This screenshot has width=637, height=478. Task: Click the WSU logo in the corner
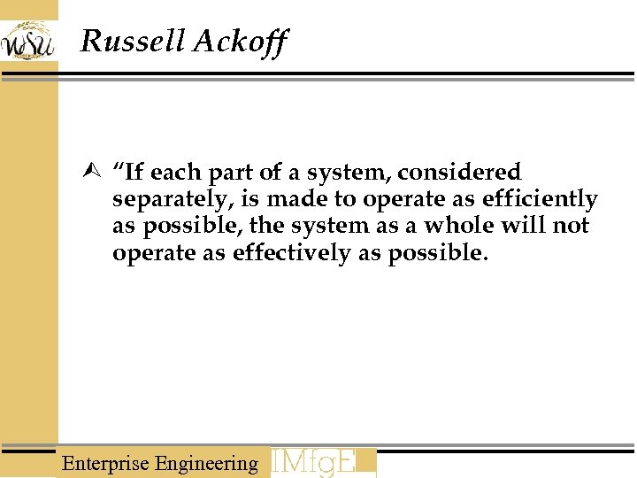28,41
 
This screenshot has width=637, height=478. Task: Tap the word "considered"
459,172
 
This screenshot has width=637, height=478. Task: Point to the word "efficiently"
540,200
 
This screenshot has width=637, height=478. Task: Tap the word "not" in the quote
571,227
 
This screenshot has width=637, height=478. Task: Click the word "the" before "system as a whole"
265,226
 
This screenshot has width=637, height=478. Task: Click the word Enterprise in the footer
105,463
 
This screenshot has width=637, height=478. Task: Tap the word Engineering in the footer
206,464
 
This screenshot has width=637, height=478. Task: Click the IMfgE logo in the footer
324,463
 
